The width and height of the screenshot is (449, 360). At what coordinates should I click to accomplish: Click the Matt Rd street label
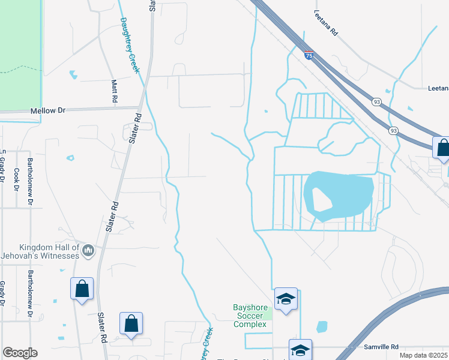click(x=114, y=90)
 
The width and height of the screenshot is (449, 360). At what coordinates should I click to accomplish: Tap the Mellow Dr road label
click(x=47, y=111)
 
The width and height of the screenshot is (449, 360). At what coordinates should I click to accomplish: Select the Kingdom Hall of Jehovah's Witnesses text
click(x=41, y=251)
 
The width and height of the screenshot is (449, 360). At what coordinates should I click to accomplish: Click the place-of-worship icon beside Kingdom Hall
click(x=88, y=250)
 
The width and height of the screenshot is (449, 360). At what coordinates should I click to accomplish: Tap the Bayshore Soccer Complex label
click(x=249, y=316)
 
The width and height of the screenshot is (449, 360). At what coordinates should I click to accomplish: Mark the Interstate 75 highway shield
click(x=309, y=55)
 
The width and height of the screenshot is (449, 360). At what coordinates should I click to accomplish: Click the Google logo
click(x=20, y=353)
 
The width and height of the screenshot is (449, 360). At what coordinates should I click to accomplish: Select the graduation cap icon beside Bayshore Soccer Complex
click(x=286, y=299)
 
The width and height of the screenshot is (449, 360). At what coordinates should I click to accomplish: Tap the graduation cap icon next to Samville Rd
click(x=300, y=349)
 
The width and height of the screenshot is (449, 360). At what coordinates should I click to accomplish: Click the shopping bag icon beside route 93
click(x=442, y=148)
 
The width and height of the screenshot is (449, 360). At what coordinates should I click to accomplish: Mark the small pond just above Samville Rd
click(x=322, y=327)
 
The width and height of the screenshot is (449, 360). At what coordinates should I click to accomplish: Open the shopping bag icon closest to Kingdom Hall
click(x=82, y=289)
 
